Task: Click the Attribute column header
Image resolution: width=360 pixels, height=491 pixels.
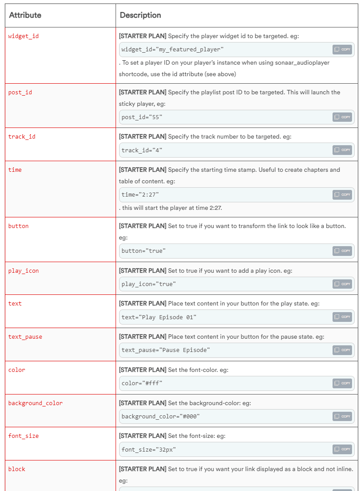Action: coord(25,15)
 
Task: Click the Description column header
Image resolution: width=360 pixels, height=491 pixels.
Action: coord(140,15)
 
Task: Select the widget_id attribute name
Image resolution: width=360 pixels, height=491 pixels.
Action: coord(23,36)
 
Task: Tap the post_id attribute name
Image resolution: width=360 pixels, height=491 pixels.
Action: coord(20,93)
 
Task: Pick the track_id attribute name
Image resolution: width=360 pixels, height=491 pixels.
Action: coord(22,136)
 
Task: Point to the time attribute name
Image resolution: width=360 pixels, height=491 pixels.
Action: coord(15,170)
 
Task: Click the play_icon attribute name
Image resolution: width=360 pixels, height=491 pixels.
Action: coord(23,271)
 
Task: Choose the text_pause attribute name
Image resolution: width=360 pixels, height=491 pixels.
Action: coord(25,336)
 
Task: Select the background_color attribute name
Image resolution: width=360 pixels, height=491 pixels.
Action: coord(35,403)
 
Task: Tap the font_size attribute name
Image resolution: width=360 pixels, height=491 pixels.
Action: coord(23,436)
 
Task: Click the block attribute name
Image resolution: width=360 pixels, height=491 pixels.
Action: coord(17,469)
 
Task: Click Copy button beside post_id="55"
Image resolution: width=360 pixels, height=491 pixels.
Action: coord(342,117)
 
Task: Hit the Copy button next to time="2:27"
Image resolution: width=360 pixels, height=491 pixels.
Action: coord(342,194)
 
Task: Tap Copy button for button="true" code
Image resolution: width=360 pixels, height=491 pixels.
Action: coord(342,251)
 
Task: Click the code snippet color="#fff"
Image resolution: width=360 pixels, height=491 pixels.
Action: coord(142,383)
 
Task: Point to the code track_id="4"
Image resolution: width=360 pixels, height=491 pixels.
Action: coord(142,150)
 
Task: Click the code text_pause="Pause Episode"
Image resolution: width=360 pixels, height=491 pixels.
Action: coord(166,350)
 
